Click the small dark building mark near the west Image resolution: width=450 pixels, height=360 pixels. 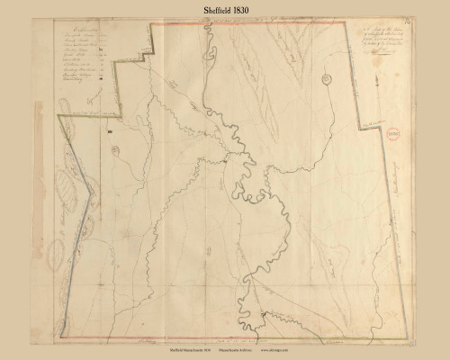tap(108, 132)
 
